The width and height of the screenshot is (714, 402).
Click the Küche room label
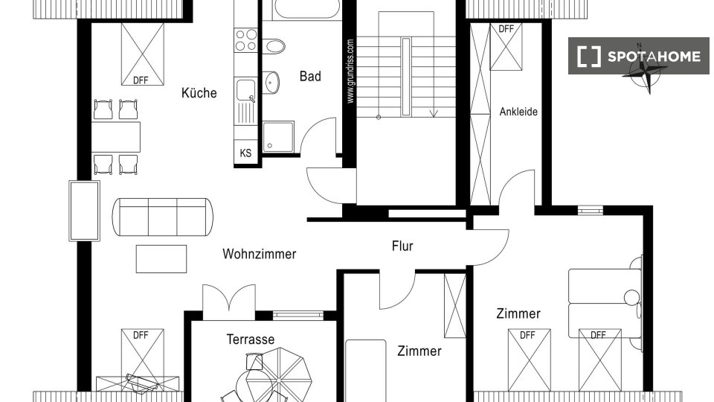[199, 93]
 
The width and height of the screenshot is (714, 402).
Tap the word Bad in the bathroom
[310, 76]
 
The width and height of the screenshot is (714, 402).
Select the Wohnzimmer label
[259, 254]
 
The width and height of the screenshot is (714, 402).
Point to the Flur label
[402, 246]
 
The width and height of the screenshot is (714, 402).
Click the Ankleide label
[518, 112]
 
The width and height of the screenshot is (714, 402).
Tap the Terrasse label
[251, 339]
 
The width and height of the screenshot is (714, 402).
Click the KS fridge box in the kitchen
[245, 153]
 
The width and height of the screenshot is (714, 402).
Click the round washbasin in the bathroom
[271, 83]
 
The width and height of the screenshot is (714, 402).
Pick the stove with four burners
[246, 39]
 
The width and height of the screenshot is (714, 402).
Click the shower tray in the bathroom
[278, 137]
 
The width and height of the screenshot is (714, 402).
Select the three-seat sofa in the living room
[163, 217]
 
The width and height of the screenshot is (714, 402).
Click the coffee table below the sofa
[161, 259]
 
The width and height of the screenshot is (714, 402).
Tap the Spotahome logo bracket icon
[589, 57]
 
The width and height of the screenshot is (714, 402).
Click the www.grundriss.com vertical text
[350, 71]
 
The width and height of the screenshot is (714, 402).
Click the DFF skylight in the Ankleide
[506, 46]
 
